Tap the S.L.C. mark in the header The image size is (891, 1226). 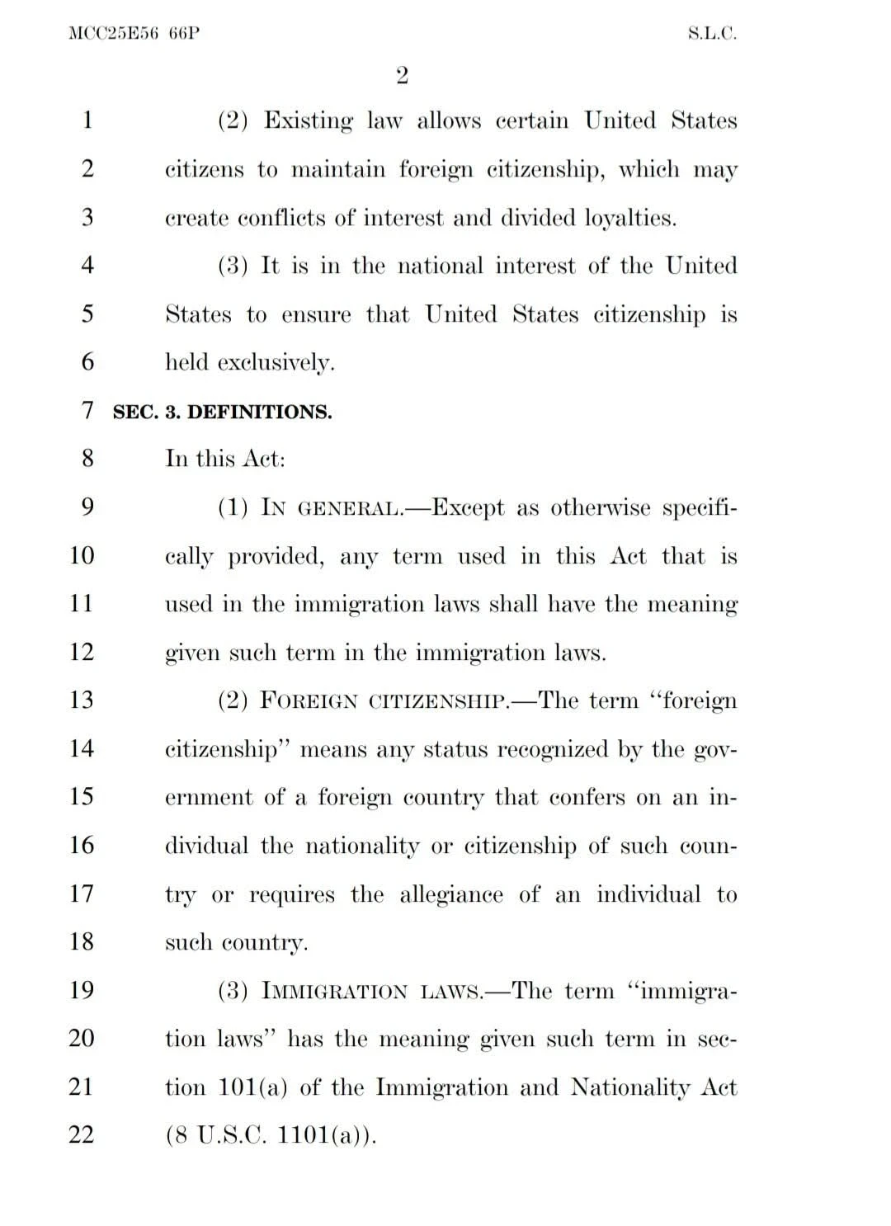pos(712,34)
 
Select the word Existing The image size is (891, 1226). pos(308,121)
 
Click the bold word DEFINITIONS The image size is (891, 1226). pos(260,412)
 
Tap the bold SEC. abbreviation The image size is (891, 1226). pos(134,412)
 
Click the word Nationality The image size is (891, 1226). pos(629,1087)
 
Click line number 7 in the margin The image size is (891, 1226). pos(88,410)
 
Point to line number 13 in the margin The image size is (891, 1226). pos(82,700)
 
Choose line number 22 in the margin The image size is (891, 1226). pos(82,1135)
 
